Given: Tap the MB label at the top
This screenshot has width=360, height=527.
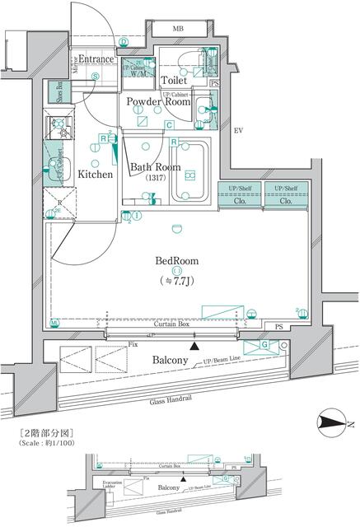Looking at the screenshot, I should click(x=178, y=30).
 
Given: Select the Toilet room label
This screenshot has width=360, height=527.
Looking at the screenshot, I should click(x=175, y=82).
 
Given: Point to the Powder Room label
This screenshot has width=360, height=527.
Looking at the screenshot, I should click(x=158, y=102).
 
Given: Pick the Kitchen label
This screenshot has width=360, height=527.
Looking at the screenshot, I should click(x=96, y=175).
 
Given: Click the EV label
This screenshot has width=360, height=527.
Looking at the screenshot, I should click(x=239, y=131).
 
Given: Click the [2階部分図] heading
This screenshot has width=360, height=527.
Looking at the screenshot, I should click(x=47, y=432).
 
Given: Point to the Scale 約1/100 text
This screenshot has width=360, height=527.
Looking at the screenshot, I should click(x=49, y=444).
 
